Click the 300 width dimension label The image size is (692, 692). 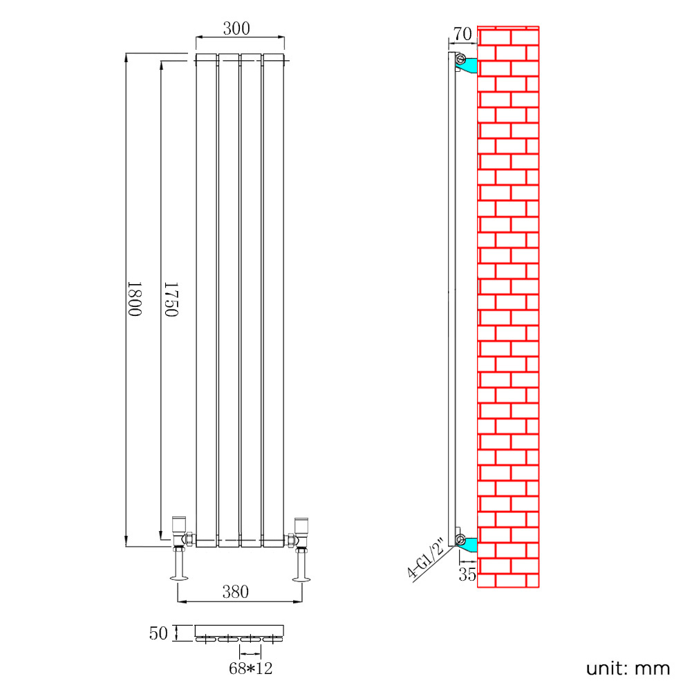(x=236, y=28)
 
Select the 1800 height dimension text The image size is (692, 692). (x=134, y=299)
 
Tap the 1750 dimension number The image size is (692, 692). (x=171, y=299)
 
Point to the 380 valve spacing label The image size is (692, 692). (x=235, y=592)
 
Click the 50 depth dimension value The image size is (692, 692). (x=158, y=633)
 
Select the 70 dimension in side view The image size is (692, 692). (x=462, y=34)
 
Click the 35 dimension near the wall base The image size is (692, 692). (x=467, y=574)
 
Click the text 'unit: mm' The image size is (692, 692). (x=628, y=668)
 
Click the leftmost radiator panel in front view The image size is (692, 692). (x=206, y=297)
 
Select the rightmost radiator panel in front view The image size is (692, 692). (x=273, y=297)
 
